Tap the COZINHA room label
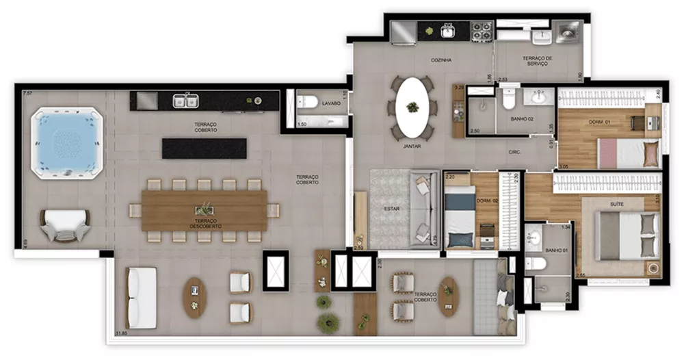441,60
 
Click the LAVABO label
331,102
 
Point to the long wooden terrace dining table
205,209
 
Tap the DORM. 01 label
600,122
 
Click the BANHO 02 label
523,118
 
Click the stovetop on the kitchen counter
482,30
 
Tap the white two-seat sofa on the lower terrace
142,296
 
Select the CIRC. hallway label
514,151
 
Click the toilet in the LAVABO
309,103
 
